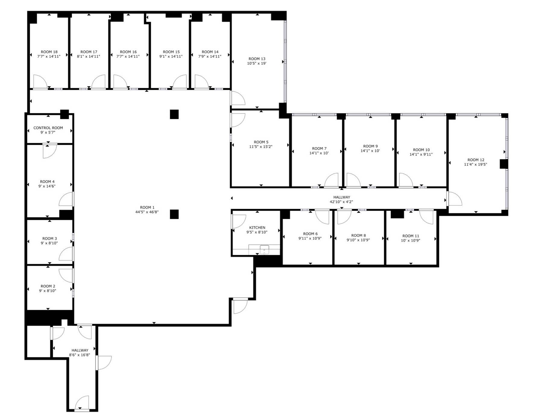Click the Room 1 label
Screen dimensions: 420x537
point(147,207)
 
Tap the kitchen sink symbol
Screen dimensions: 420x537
point(264,250)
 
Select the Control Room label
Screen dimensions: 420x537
point(48,128)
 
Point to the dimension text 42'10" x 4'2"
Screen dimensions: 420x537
point(341,202)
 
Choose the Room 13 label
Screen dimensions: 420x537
point(257,59)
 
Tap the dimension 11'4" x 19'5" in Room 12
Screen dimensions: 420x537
point(475,165)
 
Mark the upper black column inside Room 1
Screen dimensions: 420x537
point(174,114)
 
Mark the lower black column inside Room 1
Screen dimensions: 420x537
point(174,214)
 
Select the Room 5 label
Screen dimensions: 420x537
point(261,142)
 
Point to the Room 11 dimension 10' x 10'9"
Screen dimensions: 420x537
point(410,241)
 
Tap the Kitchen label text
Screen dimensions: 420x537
point(257,228)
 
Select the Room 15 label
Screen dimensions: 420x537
point(171,52)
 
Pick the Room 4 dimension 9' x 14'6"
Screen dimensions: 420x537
point(47,186)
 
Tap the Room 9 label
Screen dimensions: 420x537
point(370,146)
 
